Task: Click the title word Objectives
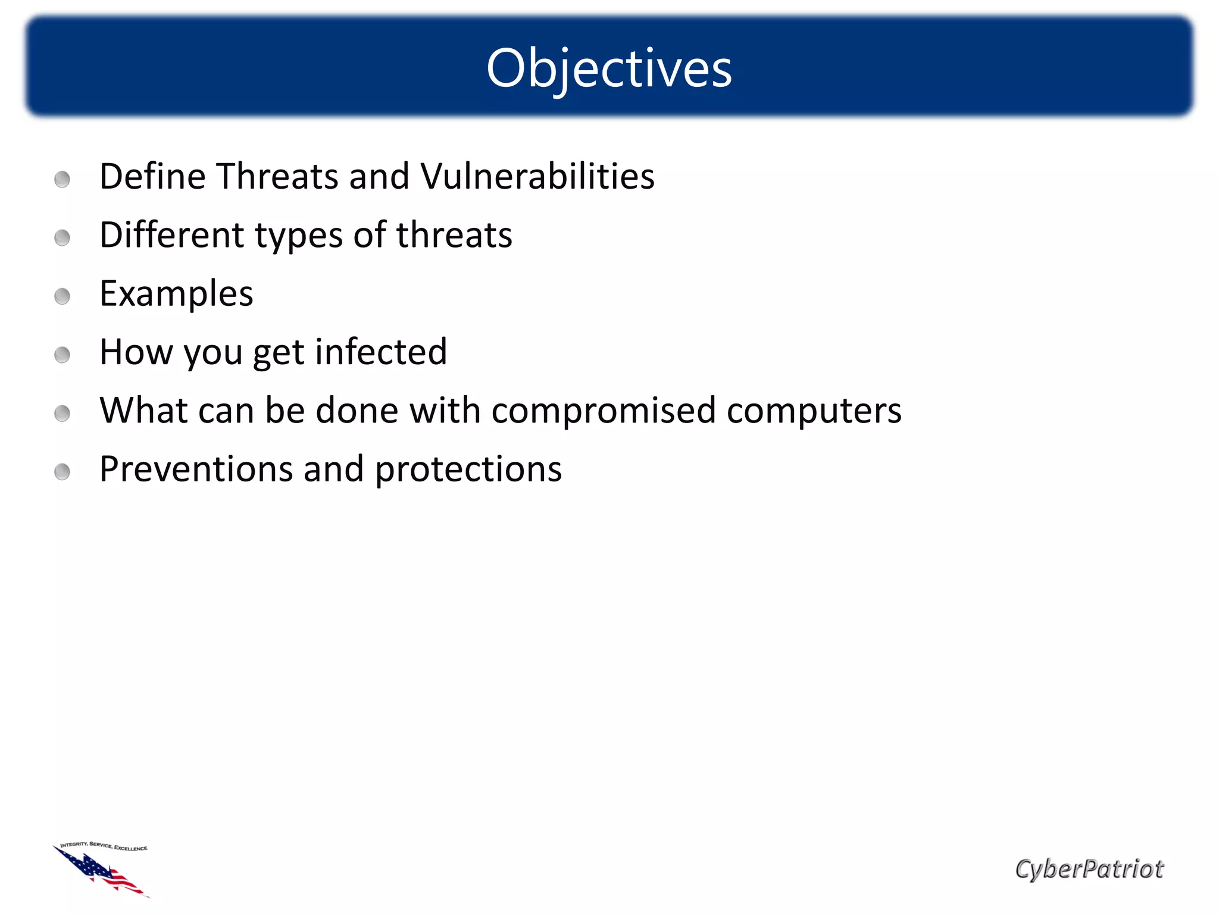[x=609, y=68]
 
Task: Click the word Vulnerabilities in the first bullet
[x=537, y=177]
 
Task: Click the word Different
[x=171, y=235]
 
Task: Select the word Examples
[x=176, y=294]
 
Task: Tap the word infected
[x=381, y=352]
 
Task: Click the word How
[x=136, y=352]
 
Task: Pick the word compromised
[x=604, y=411]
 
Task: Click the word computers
[x=814, y=411]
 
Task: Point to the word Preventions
[x=196, y=469]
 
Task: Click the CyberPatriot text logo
[x=1089, y=869]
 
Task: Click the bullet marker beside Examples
[x=62, y=296]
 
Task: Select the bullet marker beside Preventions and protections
[x=62, y=472]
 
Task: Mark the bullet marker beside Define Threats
[x=62, y=179]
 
